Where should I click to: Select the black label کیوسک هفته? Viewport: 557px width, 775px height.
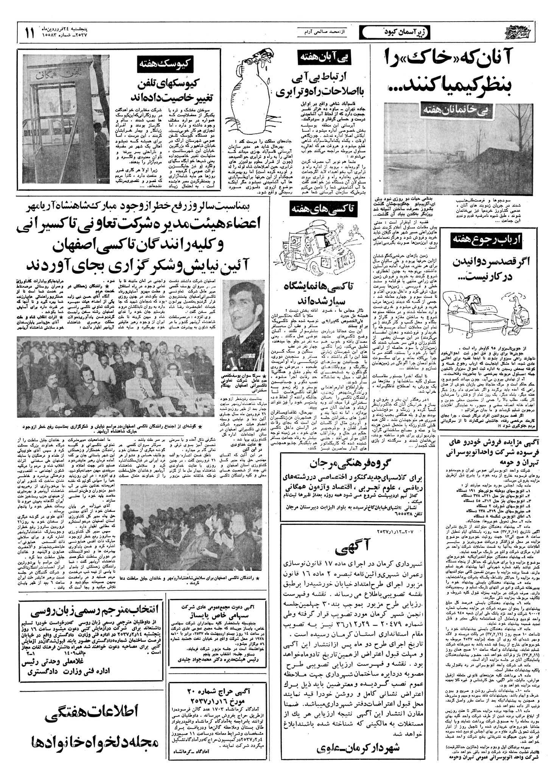[166, 64]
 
